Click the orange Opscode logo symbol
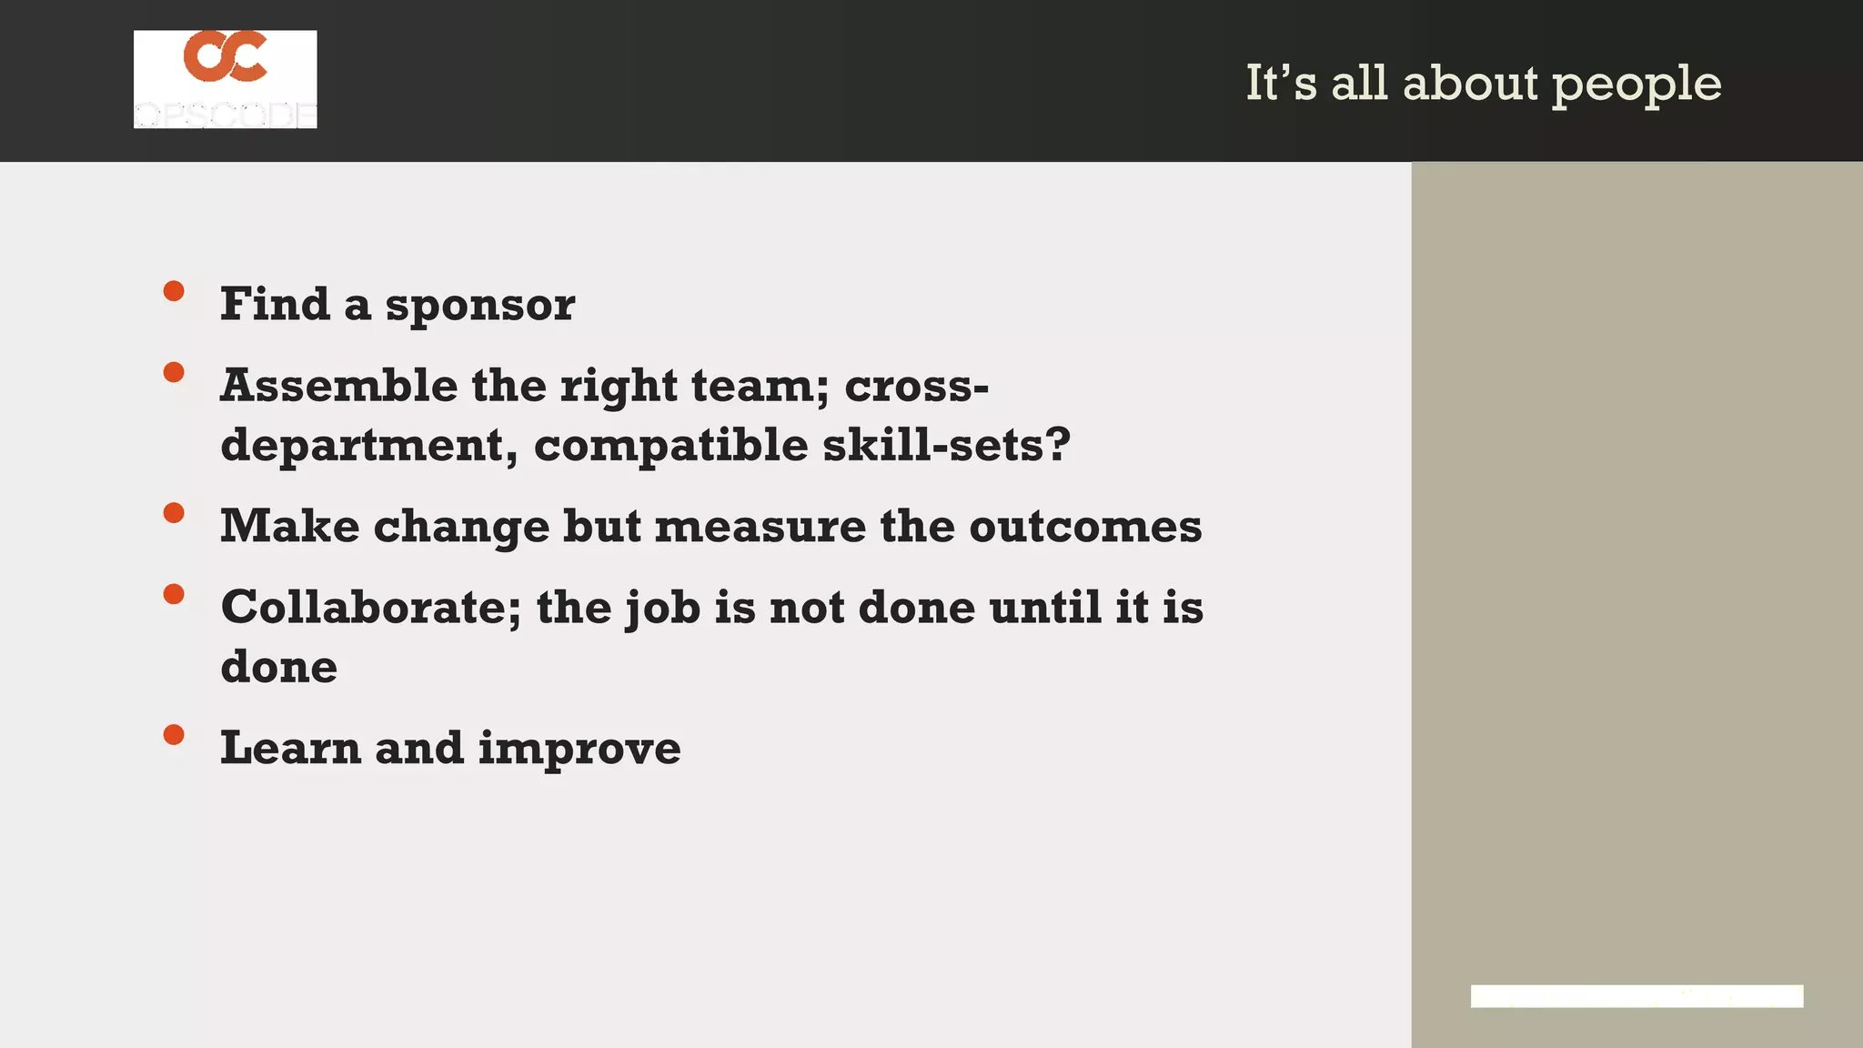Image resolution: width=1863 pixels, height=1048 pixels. [226, 56]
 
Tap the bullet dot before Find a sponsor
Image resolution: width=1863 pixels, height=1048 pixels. [174, 291]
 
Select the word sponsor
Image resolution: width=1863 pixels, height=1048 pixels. [480, 306]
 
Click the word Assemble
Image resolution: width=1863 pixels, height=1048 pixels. [339, 386]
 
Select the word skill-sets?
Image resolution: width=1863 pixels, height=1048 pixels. [946, 445]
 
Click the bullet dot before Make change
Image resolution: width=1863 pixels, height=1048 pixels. [174, 513]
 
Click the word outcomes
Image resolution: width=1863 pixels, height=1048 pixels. [1085, 527]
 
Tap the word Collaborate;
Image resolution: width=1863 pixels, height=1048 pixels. [371, 608]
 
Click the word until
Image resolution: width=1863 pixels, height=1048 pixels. [1045, 607]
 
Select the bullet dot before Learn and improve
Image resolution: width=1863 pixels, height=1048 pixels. [174, 735]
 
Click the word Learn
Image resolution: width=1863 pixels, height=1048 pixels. [291, 749]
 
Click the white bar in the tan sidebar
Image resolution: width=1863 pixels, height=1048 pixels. [1636, 996]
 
